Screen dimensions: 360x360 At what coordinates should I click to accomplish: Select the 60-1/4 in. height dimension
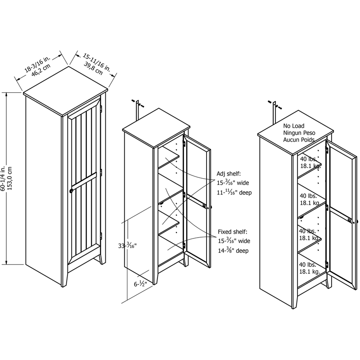pos(4,179)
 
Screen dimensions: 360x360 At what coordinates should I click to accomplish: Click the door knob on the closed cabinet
pos(71,191)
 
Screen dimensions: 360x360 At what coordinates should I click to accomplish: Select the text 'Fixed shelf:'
pos(233,232)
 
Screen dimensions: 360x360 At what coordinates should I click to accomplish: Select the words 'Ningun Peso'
pos(299,134)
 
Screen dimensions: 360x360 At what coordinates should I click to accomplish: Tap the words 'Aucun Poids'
pos(299,140)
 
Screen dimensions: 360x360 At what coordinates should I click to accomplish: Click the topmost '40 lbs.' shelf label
pos(308,159)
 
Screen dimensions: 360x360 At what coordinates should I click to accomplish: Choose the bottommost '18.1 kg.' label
pos(310,272)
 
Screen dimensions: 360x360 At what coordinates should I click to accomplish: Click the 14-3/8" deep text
pos(233,251)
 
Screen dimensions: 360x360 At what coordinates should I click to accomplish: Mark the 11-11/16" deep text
pos(234,192)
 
